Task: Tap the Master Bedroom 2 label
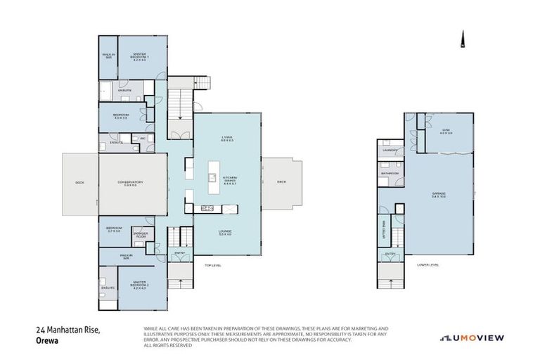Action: pyautogui.click(x=143, y=285)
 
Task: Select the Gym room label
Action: pyautogui.click(x=444, y=131)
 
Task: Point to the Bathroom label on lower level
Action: pyautogui.click(x=390, y=173)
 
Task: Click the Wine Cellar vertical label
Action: pyautogui.click(x=385, y=229)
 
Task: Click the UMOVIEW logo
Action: pyautogui.click(x=472, y=338)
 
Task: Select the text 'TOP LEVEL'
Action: pyautogui.click(x=212, y=265)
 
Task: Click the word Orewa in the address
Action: pyautogui.click(x=46, y=339)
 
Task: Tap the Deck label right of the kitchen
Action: pyautogui.click(x=281, y=182)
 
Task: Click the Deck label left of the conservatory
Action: pyautogui.click(x=79, y=184)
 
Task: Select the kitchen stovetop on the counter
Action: pyautogui.click(x=207, y=208)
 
